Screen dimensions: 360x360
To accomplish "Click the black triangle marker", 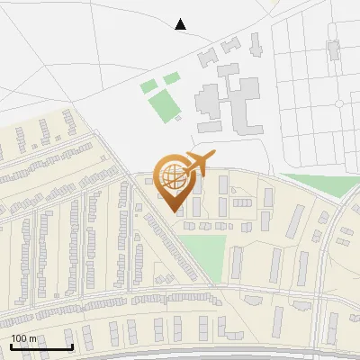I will [180, 24].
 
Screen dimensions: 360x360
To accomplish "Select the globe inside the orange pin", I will [172, 174].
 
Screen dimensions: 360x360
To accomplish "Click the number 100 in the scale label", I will [19, 338].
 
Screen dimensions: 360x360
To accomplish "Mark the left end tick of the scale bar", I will [11, 346].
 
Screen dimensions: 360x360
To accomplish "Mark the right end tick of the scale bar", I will [72, 346].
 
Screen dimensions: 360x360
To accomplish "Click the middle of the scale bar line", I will [41, 347].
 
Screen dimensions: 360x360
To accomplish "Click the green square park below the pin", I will [204, 252].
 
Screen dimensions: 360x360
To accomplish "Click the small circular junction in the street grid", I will [339, 103].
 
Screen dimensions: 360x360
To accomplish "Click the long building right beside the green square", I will [236, 262].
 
